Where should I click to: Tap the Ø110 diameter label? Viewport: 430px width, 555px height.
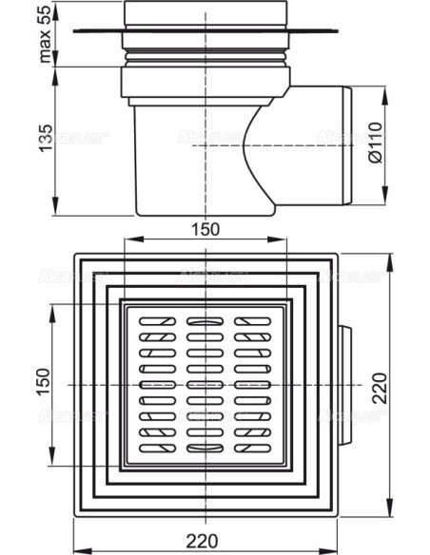click(x=402, y=147)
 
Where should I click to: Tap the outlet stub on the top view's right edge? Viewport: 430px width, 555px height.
click(x=344, y=388)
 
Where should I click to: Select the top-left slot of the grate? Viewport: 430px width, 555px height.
click(x=150, y=323)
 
